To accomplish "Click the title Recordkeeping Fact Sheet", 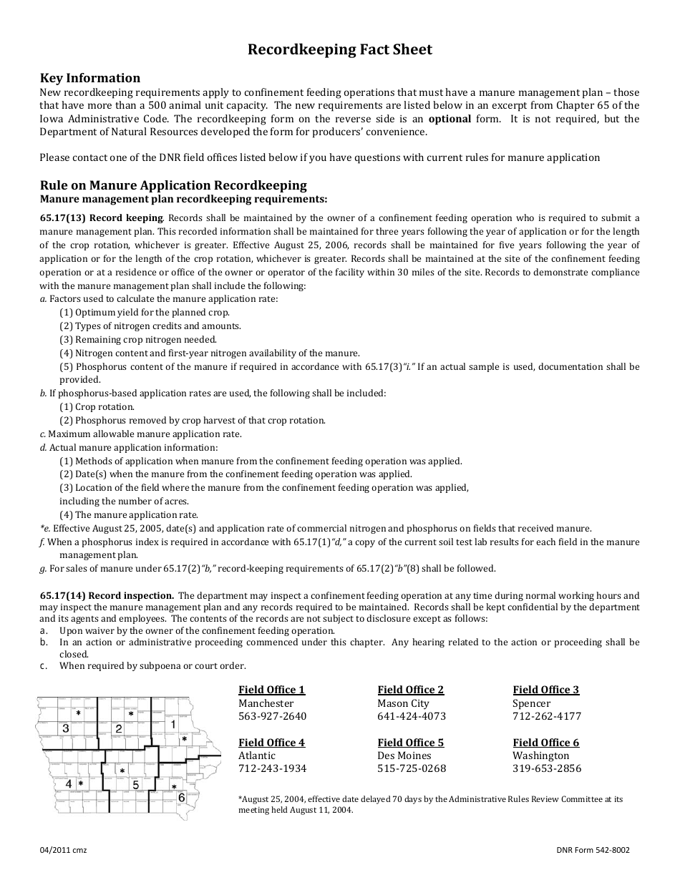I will [339, 49].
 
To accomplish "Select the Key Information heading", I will [90, 78].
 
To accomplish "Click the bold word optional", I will [450, 119].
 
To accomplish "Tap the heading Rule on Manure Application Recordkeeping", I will [173, 185].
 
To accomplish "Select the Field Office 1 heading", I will [271, 690].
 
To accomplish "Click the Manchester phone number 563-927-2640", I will [272, 716].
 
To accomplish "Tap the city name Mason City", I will [403, 703].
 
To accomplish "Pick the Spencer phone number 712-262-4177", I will [547, 716].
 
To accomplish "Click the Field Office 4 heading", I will [271, 743].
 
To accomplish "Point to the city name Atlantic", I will [257, 756].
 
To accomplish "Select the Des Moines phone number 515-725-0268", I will [412, 768].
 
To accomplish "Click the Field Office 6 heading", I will [545, 743].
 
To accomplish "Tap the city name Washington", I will [540, 756].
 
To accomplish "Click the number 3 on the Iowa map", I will [65, 728].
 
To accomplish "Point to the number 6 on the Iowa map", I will [182, 797].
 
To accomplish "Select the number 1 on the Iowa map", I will [173, 725].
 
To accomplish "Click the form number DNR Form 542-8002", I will [593, 850].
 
